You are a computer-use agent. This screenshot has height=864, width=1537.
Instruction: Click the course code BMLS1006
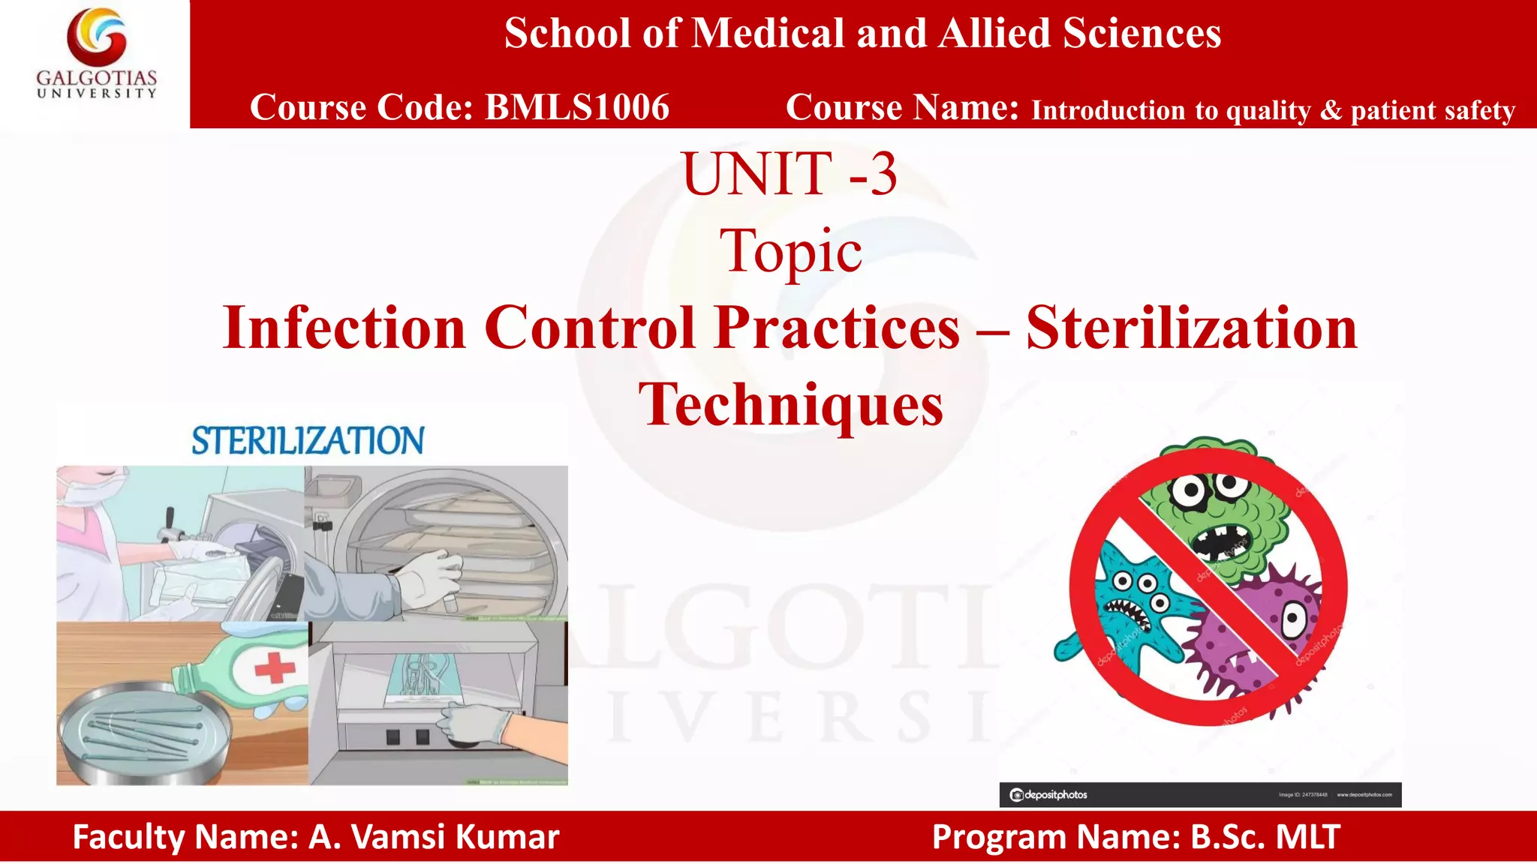[576, 107]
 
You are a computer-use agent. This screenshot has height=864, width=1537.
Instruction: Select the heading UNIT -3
[790, 174]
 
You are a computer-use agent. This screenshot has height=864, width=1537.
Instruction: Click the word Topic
[790, 251]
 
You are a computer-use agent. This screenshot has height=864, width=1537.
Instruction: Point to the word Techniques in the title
[790, 405]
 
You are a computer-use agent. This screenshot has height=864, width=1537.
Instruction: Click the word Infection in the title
[344, 328]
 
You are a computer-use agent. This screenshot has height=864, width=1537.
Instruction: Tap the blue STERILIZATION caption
[308, 441]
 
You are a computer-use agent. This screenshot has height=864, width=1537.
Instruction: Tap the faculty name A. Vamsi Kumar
[435, 837]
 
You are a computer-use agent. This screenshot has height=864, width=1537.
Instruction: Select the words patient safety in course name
[1433, 111]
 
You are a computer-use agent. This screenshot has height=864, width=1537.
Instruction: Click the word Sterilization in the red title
[1192, 328]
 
